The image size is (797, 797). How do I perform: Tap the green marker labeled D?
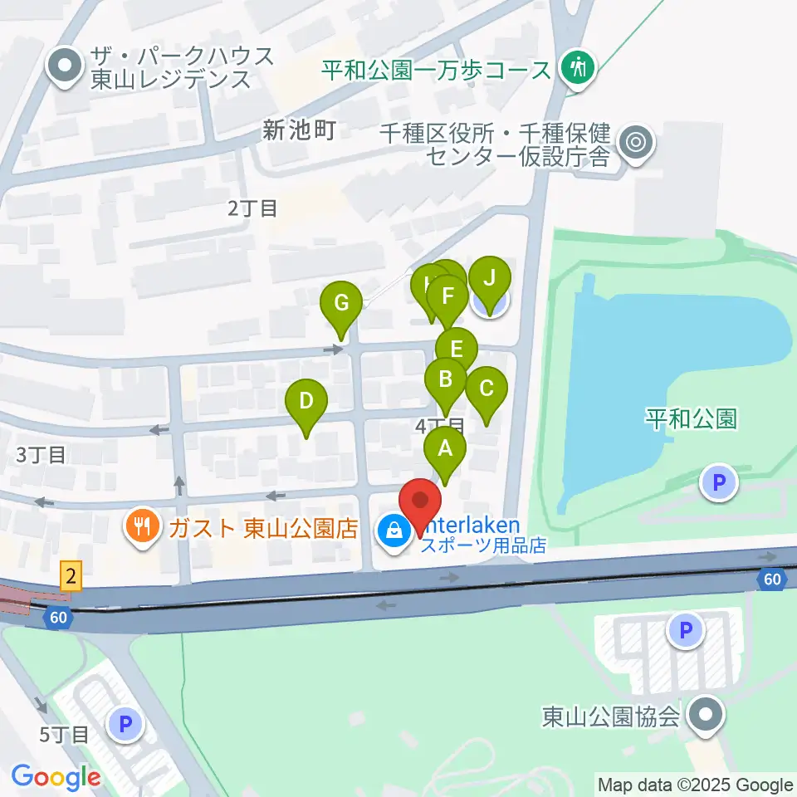click(x=306, y=403)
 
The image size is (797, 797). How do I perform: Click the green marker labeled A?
click(x=445, y=451)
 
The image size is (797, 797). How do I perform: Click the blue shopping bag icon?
click(x=394, y=529)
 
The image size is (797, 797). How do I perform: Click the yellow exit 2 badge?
click(x=72, y=574)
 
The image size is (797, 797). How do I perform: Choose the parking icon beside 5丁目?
click(x=125, y=726)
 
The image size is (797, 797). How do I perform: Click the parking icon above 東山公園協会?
click(x=685, y=630)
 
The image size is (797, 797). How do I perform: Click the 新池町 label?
click(x=299, y=130)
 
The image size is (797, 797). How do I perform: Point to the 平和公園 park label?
click(x=691, y=418)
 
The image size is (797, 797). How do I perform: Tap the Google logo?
click(x=56, y=777)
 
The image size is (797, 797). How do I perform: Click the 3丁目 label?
click(x=40, y=455)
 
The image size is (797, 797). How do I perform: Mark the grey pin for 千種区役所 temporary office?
click(x=637, y=142)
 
